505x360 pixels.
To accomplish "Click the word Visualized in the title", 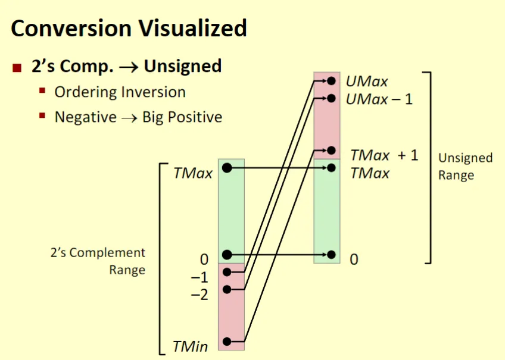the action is point(193,28).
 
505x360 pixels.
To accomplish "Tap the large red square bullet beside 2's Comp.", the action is point(17,68).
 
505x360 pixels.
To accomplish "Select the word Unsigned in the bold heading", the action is point(183,66).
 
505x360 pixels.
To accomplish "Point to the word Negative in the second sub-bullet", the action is point(86,117).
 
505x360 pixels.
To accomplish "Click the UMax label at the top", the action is point(366,82).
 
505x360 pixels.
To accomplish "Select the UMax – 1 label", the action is point(379,99).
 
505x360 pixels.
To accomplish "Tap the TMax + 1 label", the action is point(384,155).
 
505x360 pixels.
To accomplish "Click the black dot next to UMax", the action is point(331,81).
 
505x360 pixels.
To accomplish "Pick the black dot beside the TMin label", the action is point(227,342).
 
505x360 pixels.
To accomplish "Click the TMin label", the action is point(191,346).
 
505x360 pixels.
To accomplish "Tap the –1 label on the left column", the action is point(199,277).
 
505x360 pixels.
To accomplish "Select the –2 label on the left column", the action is point(199,295).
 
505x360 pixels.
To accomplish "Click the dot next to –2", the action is point(227,290).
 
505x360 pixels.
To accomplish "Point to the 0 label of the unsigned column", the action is point(354,259).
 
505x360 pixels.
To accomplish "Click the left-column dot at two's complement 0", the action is point(227,255).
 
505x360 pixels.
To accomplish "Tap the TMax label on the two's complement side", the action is point(193,173).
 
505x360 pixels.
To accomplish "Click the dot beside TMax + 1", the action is point(331,150).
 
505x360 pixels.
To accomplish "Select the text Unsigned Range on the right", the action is point(465,167).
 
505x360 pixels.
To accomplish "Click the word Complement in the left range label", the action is point(107,253).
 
